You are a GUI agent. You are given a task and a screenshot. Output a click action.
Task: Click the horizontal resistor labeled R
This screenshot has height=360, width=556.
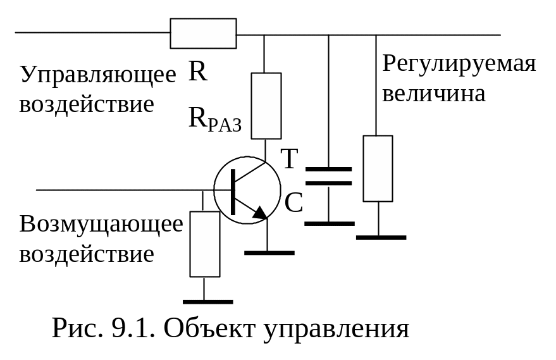tap(203, 34)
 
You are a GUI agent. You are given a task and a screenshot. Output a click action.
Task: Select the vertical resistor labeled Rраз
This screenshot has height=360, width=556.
tap(266, 106)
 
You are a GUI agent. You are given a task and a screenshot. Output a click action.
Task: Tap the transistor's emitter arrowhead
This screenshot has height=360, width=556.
tap(261, 212)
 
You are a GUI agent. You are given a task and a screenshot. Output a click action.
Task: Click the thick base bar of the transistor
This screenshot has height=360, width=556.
tap(233, 192)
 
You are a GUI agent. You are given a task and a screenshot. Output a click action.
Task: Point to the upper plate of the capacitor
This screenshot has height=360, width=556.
tap(328, 169)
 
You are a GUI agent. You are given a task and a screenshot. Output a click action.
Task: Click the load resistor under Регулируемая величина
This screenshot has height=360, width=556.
tap(378, 168)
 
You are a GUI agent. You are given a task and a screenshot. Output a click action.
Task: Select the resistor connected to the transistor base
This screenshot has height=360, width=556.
tap(205, 244)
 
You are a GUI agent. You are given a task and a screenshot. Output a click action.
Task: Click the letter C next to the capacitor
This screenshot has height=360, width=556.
tap(293, 202)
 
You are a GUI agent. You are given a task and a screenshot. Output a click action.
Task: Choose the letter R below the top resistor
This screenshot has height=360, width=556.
tap(197, 71)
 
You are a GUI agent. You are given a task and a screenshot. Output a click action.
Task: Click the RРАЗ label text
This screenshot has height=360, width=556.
tap(215, 120)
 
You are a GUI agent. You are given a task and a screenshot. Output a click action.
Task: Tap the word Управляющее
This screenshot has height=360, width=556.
tap(98, 75)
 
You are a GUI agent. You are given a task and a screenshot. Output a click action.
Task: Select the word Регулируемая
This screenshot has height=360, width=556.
tap(459, 65)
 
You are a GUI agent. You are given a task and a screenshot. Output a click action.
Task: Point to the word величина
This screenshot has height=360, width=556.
tap(434, 94)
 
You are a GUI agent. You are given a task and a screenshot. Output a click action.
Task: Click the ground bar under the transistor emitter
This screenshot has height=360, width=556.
tap(269, 253)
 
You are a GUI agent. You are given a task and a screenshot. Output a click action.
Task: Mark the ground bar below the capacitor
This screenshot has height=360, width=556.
tap(330, 224)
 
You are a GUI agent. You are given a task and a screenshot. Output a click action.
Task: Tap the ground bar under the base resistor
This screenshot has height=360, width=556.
tap(208, 302)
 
